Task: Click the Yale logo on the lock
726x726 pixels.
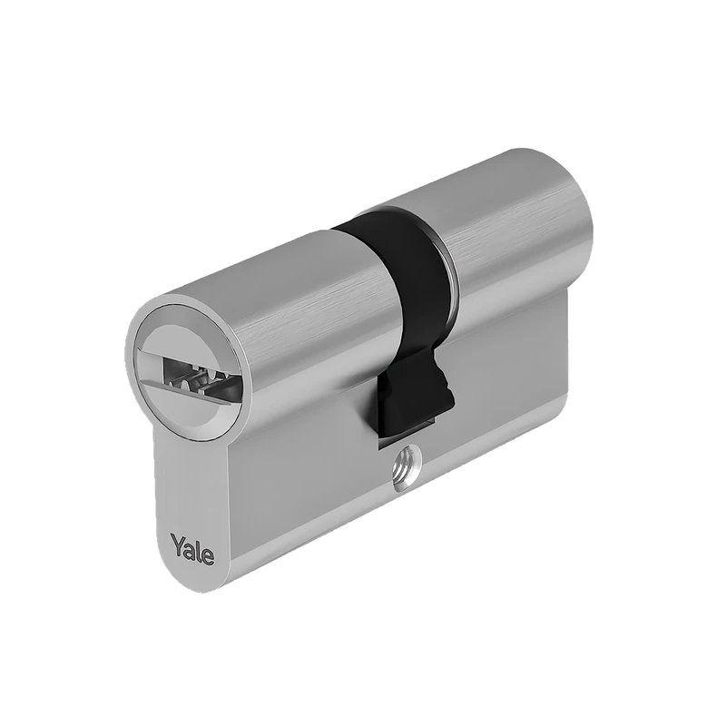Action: pyautogui.click(x=191, y=547)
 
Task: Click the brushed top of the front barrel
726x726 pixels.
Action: pyautogui.click(x=272, y=272)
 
